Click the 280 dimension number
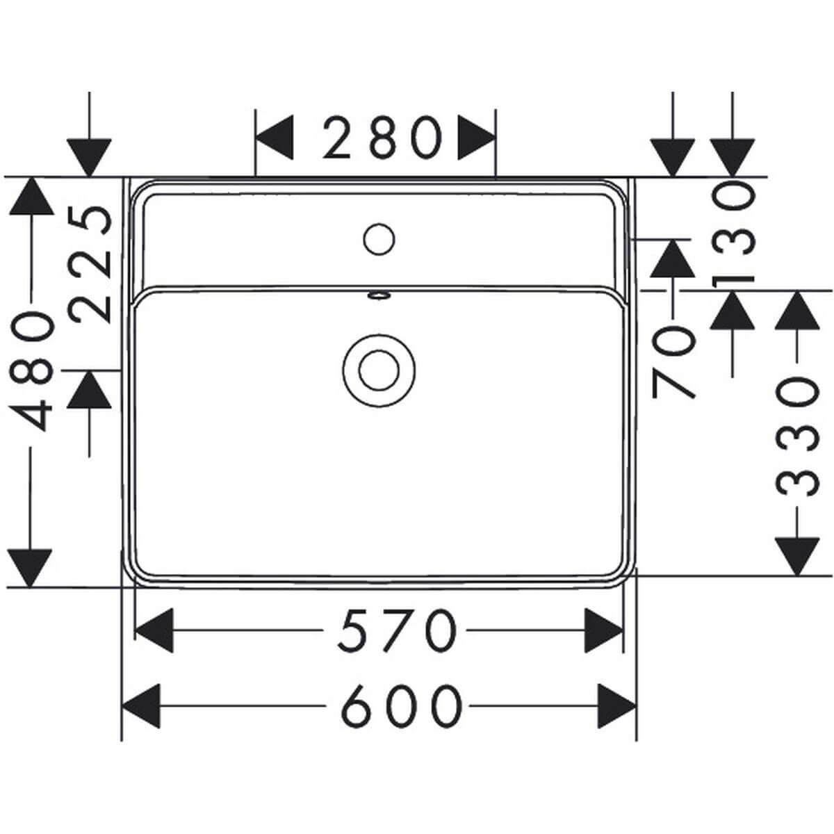[x=382, y=138]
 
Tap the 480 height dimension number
[x=31, y=373]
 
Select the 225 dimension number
[x=90, y=264]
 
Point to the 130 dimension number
[x=733, y=235]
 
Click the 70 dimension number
[x=673, y=362]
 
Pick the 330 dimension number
[x=797, y=436]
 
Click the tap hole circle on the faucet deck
[x=379, y=239]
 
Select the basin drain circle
[x=379, y=370]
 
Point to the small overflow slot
[x=379, y=295]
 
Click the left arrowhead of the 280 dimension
[x=275, y=138]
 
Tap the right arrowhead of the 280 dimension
[x=477, y=138]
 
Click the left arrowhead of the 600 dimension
[x=141, y=706]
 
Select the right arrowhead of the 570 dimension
[x=604, y=630]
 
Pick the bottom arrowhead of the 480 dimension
[x=31, y=569]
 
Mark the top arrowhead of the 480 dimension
[x=31, y=196]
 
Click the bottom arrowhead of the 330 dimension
[x=797, y=557]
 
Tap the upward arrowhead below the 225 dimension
[x=89, y=389]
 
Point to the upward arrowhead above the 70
[x=673, y=259]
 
